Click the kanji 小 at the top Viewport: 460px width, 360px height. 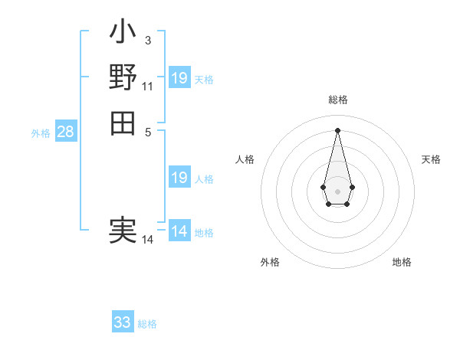(x=123, y=34)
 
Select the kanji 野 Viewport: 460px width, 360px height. (x=123, y=77)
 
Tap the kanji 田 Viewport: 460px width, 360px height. (x=123, y=123)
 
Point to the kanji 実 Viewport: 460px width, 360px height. (x=123, y=231)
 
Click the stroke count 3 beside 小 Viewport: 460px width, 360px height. (x=147, y=40)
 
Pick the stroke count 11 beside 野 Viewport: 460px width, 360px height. (x=147, y=86)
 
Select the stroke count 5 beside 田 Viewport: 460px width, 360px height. (x=147, y=131)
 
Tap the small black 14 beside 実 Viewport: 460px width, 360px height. (x=147, y=240)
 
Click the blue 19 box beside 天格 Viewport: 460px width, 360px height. (x=179, y=78)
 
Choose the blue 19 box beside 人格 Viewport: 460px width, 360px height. (x=179, y=178)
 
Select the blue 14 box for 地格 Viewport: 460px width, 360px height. (x=179, y=231)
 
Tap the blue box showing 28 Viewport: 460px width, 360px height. (x=65, y=132)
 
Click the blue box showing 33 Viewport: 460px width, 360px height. (x=123, y=322)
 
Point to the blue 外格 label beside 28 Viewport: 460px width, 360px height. (x=41, y=133)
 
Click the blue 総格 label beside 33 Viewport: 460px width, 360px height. (x=147, y=324)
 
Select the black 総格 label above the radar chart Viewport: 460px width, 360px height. (x=337, y=100)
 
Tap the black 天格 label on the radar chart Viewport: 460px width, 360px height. (x=431, y=159)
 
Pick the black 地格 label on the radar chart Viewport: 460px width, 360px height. (x=402, y=262)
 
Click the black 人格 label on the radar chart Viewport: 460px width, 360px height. (x=245, y=159)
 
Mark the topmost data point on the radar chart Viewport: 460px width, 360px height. (x=337, y=129)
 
